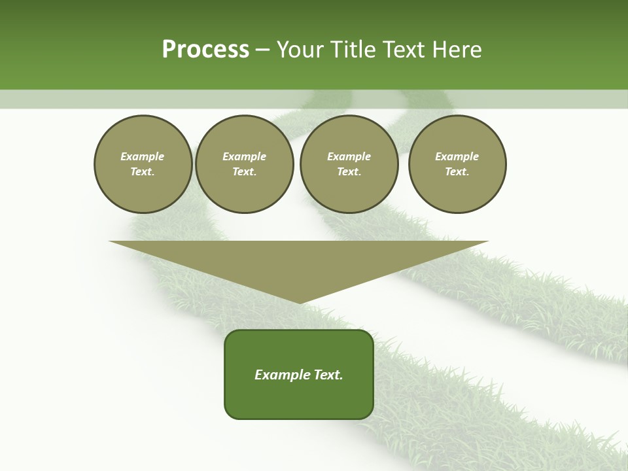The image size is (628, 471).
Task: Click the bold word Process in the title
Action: pyautogui.click(x=205, y=50)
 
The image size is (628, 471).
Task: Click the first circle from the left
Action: pyautogui.click(x=143, y=164)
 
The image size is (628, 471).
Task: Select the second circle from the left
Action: pyautogui.click(x=245, y=164)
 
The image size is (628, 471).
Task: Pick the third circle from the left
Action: pyautogui.click(x=349, y=164)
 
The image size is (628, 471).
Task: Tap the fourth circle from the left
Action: pyautogui.click(x=457, y=164)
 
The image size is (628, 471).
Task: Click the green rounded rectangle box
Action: pyautogui.click(x=299, y=374)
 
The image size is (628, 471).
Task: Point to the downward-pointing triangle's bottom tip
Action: pyautogui.click(x=299, y=303)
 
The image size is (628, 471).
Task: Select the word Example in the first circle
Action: pyautogui.click(x=143, y=156)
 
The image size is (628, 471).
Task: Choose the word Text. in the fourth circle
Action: pyautogui.click(x=457, y=172)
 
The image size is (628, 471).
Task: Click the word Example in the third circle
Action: pyautogui.click(x=349, y=156)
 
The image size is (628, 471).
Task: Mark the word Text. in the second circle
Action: pyautogui.click(x=245, y=172)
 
